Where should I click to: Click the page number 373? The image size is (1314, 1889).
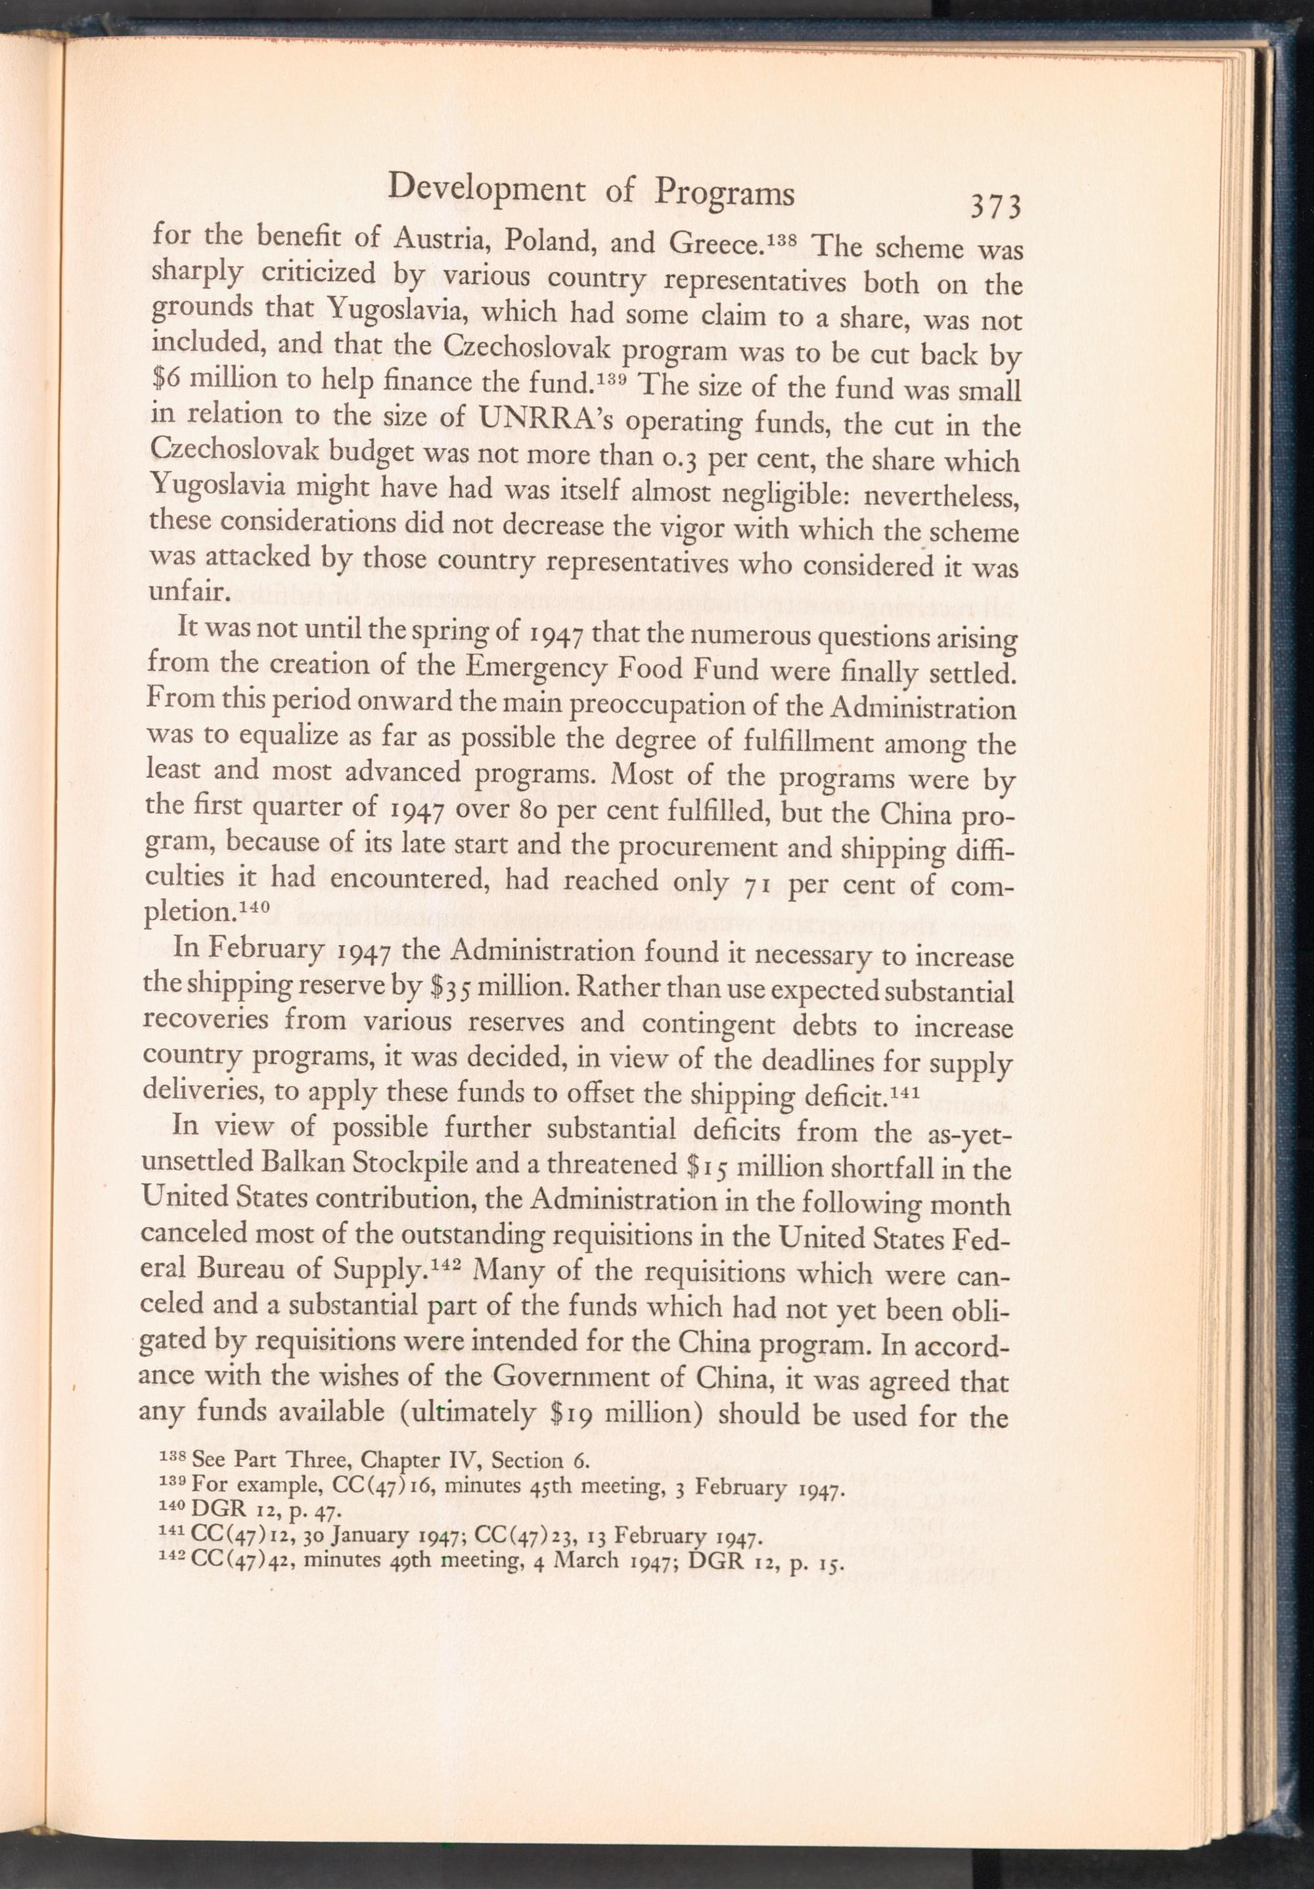pyautogui.click(x=995, y=206)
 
